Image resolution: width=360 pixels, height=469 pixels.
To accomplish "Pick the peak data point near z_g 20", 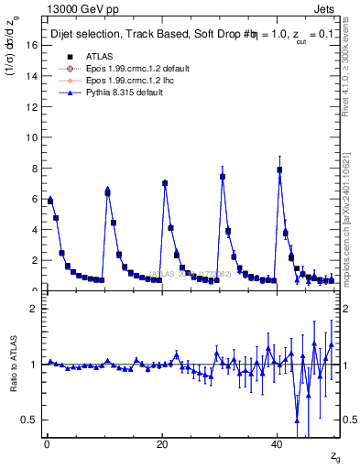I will (165, 183).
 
